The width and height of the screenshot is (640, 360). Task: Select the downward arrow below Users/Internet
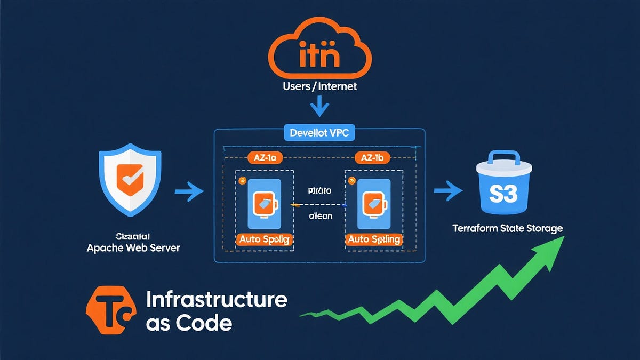click(x=320, y=107)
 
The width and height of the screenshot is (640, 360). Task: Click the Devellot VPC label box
click(x=319, y=132)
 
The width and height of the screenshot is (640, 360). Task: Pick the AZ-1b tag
click(x=372, y=157)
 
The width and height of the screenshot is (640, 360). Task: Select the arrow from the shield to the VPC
click(x=189, y=190)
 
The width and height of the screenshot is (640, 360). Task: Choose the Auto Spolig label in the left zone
click(x=264, y=239)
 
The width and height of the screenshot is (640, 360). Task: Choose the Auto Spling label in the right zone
click(x=373, y=239)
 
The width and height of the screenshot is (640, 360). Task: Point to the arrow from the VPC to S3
click(x=448, y=190)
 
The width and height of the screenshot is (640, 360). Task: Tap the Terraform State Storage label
click(x=507, y=228)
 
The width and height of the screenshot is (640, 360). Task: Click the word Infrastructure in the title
click(x=216, y=300)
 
